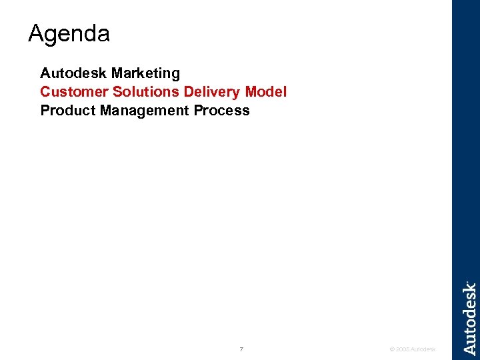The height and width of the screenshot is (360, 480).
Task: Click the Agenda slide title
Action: click(69, 34)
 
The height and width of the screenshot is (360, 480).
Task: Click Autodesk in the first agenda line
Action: click(74, 73)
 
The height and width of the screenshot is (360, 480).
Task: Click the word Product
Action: click(68, 110)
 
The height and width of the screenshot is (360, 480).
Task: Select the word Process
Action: click(222, 110)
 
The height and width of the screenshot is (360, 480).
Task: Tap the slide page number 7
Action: click(241, 349)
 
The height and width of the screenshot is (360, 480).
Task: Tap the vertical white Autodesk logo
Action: click(469, 318)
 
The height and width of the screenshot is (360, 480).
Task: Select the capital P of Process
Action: click(199, 110)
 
